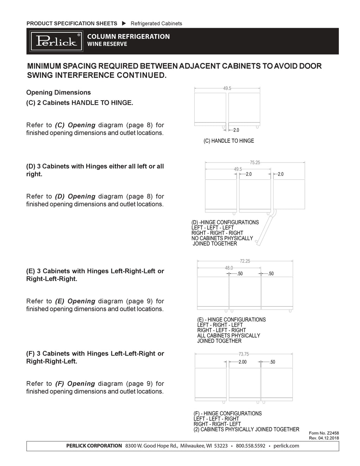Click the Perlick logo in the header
click(x=56, y=41)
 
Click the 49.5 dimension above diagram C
click(x=227, y=89)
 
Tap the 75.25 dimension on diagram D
click(x=255, y=162)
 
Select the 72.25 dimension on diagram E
click(x=245, y=261)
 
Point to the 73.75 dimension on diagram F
click(x=244, y=354)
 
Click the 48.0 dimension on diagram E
click(x=229, y=268)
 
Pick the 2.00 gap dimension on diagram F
click(x=243, y=362)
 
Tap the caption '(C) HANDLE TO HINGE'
click(x=229, y=141)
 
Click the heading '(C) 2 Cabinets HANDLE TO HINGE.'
click(x=80, y=103)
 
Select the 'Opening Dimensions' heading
click(x=58, y=92)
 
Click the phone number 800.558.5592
click(x=250, y=446)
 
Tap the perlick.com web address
click(x=286, y=446)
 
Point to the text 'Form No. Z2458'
click(x=324, y=433)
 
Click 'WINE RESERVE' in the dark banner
click(x=107, y=44)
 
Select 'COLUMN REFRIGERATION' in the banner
click(x=128, y=36)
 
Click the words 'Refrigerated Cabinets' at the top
click(x=156, y=24)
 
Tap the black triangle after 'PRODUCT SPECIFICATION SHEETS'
click(x=124, y=24)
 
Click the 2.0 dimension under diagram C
click(x=236, y=130)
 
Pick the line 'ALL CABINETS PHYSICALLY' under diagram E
click(x=229, y=336)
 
